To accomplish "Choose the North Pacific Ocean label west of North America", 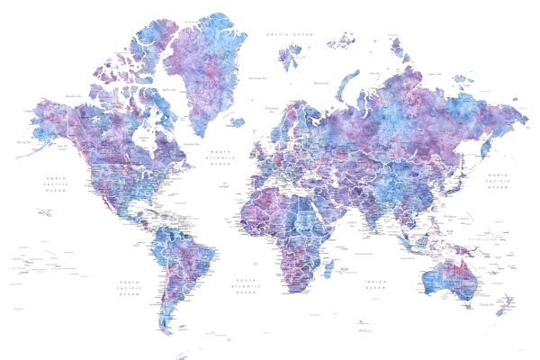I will [x=56, y=184].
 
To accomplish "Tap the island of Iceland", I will [x=236, y=121].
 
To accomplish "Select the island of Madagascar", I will [x=328, y=268].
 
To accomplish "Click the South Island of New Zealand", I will [x=501, y=310].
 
